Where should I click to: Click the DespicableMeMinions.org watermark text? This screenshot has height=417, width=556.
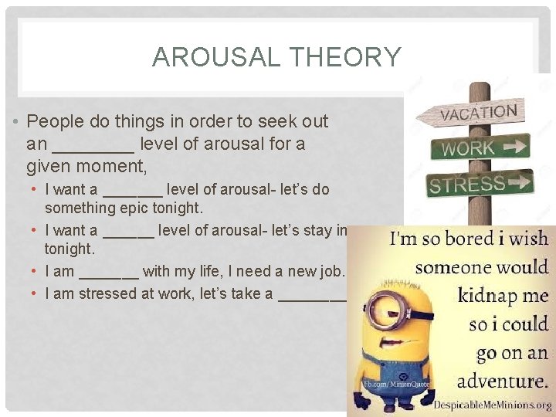492,405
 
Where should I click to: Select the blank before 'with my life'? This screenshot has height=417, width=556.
109,272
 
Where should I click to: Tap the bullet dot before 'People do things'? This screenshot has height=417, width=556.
17,122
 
